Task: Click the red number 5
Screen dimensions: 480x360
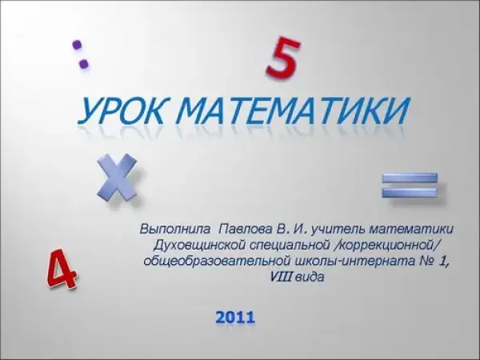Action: point(282,58)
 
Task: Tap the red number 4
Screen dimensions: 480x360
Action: point(62,269)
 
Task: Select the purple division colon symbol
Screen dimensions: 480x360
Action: point(80,54)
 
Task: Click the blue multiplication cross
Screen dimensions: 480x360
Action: point(117,178)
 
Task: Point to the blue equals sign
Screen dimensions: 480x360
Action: point(410,185)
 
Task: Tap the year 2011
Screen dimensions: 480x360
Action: point(235,317)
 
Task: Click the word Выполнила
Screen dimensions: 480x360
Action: point(175,229)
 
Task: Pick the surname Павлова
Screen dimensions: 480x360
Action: point(246,229)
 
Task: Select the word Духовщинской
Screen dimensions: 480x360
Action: point(199,245)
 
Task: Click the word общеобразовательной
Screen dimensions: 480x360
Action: point(217,261)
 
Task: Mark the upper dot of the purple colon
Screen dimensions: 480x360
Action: point(77,45)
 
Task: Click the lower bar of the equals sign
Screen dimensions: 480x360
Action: point(410,192)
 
